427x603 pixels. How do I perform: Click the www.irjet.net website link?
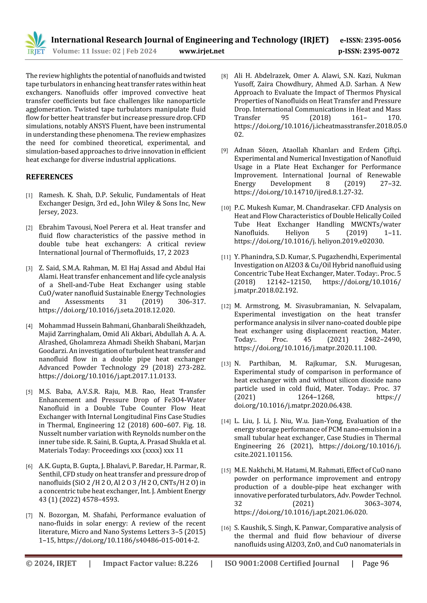(x=202, y=51)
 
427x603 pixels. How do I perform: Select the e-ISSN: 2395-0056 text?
(x=370, y=40)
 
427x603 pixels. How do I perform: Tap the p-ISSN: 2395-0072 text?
(x=369, y=51)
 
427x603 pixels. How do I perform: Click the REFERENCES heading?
(x=49, y=177)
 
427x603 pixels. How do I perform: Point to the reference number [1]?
(x=29, y=195)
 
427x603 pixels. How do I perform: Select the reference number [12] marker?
(x=226, y=306)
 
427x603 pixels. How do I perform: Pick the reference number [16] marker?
(x=226, y=528)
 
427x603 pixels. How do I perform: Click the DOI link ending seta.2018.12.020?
(x=107, y=310)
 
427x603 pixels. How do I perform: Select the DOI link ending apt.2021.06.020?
(x=301, y=512)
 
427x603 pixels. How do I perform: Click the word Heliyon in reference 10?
(x=297, y=233)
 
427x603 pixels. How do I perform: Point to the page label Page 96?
(x=375, y=563)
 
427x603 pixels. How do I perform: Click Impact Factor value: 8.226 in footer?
(x=150, y=563)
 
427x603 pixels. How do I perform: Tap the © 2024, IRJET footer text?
(x=51, y=563)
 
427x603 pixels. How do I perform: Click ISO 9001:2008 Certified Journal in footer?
(x=281, y=563)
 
